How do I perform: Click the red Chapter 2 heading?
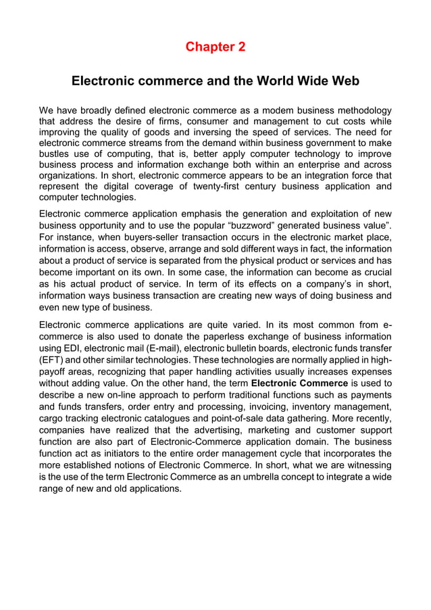point(215,47)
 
